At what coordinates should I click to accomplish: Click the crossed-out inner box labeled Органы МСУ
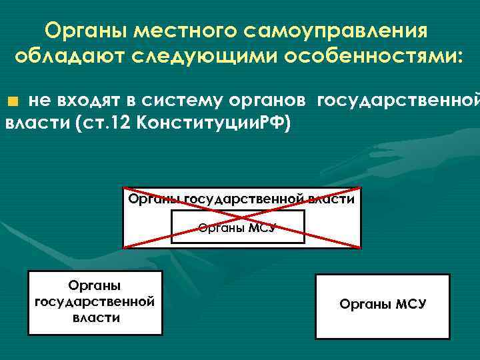pos(237,227)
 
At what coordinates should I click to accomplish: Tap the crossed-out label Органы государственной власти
pos(241,199)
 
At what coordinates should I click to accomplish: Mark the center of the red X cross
pos(241,217)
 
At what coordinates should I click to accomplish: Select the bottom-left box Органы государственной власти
pos(95,302)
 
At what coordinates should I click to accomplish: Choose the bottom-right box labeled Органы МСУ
pos(382,306)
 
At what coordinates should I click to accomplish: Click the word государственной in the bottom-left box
pos(95,302)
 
